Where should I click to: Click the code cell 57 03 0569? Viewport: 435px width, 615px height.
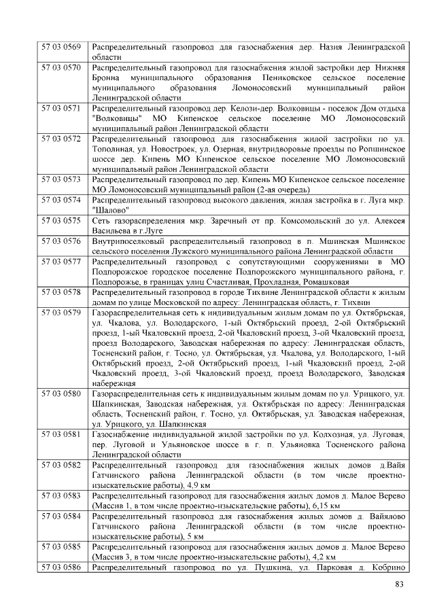[x=61, y=47]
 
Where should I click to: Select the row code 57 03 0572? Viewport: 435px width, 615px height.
[x=61, y=139]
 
